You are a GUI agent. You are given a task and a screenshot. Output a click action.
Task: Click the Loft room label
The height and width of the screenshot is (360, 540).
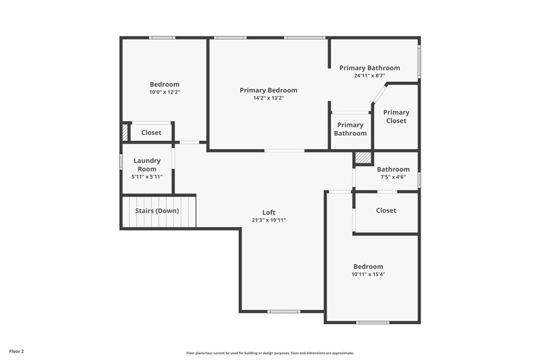point(269,212)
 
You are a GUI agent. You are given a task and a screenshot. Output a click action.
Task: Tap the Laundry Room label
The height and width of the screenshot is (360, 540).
point(147,164)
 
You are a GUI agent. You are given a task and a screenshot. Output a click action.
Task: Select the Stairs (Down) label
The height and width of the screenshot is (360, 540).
point(157,211)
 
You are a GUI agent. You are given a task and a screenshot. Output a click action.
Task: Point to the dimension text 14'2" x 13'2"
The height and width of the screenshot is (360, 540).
point(268,98)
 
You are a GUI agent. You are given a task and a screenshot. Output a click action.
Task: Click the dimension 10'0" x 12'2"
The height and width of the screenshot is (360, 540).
point(165,92)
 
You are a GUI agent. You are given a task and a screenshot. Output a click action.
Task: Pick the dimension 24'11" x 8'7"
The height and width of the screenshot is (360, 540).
point(370,75)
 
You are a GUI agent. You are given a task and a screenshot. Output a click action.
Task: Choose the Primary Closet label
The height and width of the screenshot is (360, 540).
point(396,116)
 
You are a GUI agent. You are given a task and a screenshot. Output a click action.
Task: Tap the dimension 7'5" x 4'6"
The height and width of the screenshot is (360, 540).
point(393,177)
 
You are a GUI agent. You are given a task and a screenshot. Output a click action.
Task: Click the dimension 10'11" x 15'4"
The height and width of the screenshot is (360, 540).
point(368,274)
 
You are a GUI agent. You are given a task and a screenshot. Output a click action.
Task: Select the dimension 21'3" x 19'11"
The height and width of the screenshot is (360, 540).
point(269,220)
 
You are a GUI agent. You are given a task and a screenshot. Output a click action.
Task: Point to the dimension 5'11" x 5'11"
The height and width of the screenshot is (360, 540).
point(147,177)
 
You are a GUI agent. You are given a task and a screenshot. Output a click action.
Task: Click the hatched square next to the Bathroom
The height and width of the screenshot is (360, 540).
point(363,158)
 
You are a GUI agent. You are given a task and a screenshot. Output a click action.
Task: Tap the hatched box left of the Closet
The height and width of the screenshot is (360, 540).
point(125,132)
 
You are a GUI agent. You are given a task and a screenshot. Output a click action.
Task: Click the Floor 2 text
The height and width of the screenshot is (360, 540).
point(17,351)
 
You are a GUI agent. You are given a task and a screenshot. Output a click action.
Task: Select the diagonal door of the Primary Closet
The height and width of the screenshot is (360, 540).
point(379,94)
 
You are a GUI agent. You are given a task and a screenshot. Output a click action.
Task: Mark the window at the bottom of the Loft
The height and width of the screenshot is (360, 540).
point(284,312)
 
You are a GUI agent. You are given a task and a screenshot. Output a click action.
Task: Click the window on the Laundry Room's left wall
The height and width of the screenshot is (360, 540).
point(121,161)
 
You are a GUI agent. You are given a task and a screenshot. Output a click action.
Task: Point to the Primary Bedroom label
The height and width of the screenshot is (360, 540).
point(268,90)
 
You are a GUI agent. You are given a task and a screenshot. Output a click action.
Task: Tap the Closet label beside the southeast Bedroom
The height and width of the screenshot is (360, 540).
point(386,210)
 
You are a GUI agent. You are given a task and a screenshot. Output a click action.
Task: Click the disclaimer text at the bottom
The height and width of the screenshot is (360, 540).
point(270,353)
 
